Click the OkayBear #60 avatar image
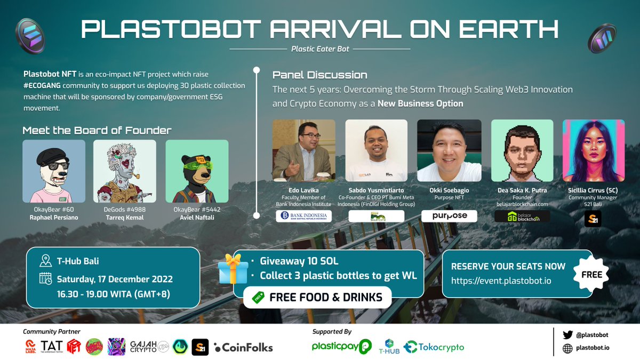click(x=54, y=171)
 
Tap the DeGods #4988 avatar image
click(x=125, y=171)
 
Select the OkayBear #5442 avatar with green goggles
click(x=197, y=171)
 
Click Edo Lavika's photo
click(x=303, y=150)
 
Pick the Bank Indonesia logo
click(x=303, y=216)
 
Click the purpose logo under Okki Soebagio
click(x=449, y=216)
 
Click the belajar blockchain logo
click(x=522, y=217)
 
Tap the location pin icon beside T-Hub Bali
click(x=45, y=261)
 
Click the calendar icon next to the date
click(x=45, y=279)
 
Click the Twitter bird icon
click(x=567, y=335)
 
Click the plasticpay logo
click(x=341, y=347)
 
